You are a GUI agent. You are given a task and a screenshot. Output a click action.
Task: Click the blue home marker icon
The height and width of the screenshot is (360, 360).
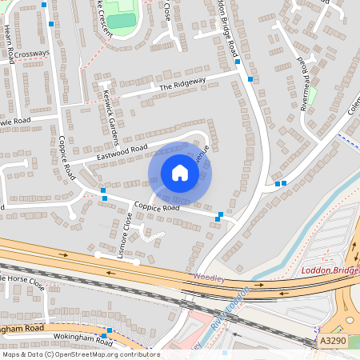point(180,173)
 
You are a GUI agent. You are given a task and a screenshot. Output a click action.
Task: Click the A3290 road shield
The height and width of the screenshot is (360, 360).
point(333,341)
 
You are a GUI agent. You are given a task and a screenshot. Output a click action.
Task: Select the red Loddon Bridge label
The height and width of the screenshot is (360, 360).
point(330,270)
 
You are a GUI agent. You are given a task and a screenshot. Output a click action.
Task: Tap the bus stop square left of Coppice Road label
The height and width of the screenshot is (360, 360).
point(104,198)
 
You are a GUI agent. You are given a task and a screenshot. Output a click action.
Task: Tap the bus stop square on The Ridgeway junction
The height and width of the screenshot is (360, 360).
point(250,79)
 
